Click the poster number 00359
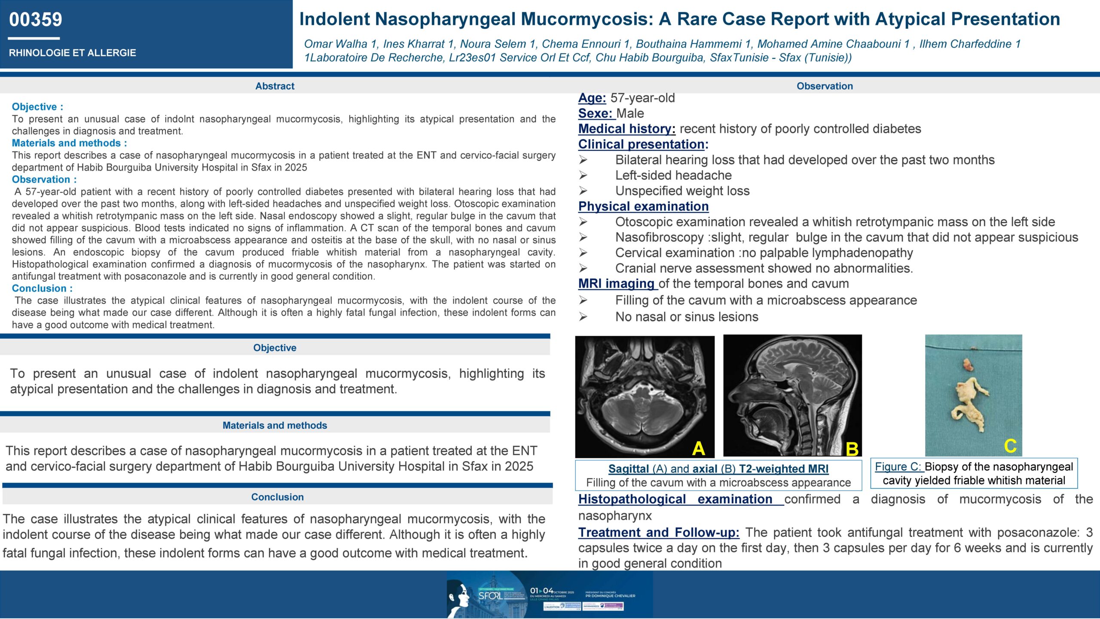(x=36, y=20)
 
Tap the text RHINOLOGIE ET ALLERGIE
(x=72, y=53)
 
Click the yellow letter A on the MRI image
(x=698, y=448)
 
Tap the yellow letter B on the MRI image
(x=852, y=449)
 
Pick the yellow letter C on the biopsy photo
(x=1010, y=446)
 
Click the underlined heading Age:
(x=592, y=98)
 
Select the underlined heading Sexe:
(x=595, y=113)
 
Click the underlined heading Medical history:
(x=626, y=129)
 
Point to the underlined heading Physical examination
(x=643, y=206)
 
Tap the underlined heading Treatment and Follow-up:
(x=658, y=533)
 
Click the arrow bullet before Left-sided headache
(x=583, y=175)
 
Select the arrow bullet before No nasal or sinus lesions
(x=583, y=317)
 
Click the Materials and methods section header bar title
(x=275, y=425)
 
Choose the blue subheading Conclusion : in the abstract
(x=42, y=288)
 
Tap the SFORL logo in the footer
(x=490, y=595)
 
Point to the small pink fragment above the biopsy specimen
(x=967, y=365)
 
